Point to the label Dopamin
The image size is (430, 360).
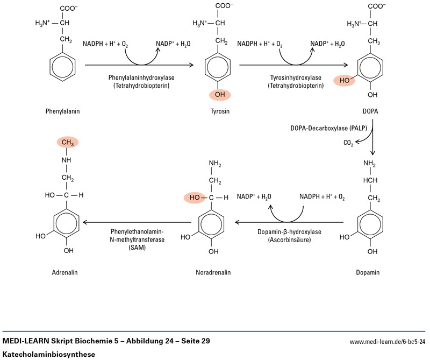click(x=368, y=272)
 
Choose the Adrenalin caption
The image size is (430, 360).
click(x=65, y=272)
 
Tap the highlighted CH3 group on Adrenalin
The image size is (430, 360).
click(x=67, y=142)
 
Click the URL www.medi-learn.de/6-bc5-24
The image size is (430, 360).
click(x=388, y=341)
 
